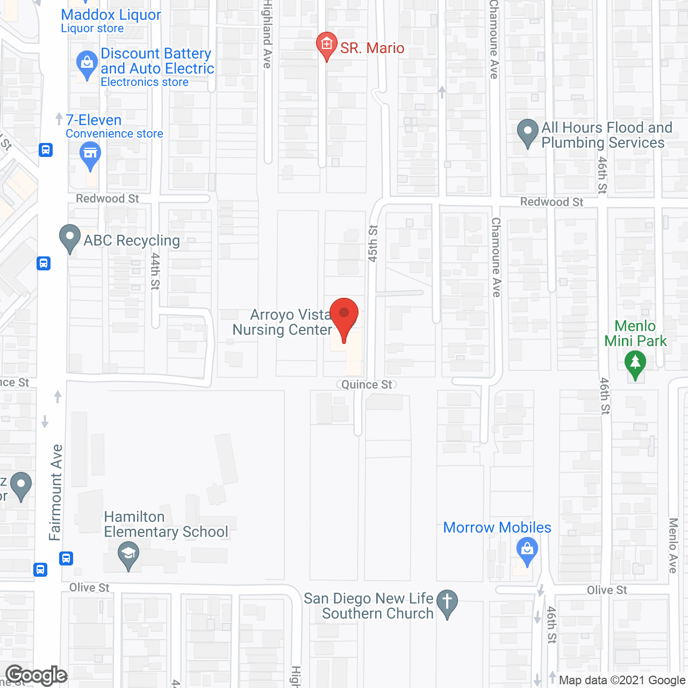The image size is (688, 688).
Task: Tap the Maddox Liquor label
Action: [111, 15]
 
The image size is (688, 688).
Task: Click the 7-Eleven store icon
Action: [90, 155]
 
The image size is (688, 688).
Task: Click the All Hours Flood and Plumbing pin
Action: [527, 132]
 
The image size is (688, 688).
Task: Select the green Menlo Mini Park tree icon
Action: [635, 364]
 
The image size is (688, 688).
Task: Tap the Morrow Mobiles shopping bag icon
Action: [527, 550]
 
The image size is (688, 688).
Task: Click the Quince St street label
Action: [367, 384]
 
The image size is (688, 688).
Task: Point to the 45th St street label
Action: [373, 243]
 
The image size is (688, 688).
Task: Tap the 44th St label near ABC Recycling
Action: [155, 271]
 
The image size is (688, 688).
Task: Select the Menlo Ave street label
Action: [673, 546]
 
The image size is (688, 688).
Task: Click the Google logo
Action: [37, 675]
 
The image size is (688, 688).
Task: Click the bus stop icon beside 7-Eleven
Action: [46, 150]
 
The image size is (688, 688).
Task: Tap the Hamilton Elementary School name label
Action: [166, 524]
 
